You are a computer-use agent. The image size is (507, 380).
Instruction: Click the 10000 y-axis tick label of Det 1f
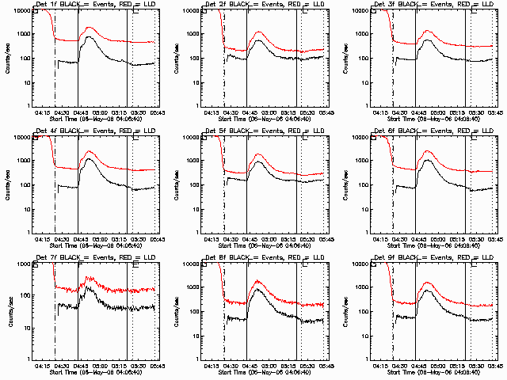(23, 11)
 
